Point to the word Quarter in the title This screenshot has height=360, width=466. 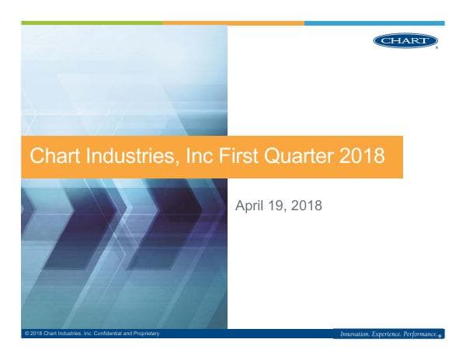tap(292, 157)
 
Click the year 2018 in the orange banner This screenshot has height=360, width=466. tap(362, 157)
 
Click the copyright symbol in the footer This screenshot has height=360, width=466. tap(26, 334)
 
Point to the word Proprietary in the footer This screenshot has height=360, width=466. tap(145, 334)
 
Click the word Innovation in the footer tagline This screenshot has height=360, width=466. tap(357, 334)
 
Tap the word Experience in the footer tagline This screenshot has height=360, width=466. tap(391, 334)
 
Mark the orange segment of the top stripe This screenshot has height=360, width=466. tap(233, 23)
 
